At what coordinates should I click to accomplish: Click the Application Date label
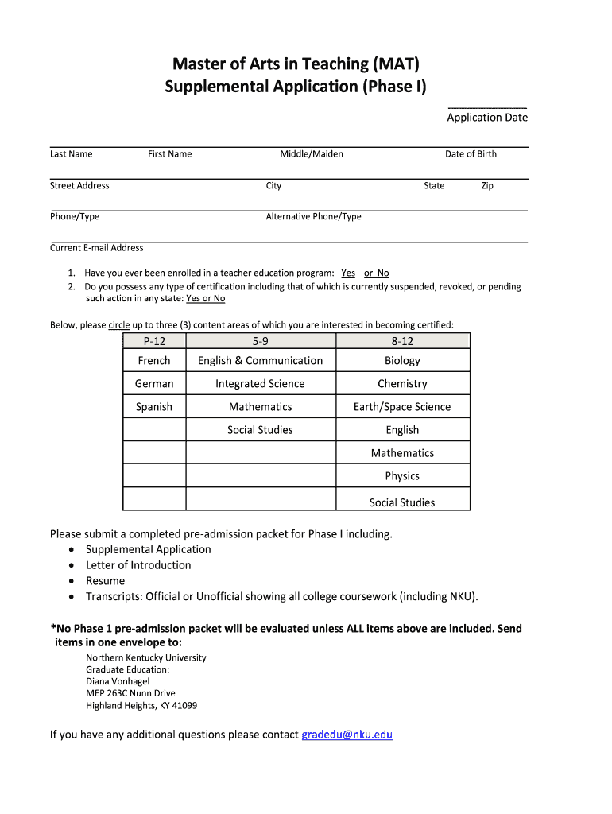(x=487, y=118)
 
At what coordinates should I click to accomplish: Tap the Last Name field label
(x=72, y=154)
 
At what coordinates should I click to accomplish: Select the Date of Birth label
(x=471, y=154)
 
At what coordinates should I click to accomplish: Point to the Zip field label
(x=487, y=186)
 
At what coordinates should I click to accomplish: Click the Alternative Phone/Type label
(x=313, y=217)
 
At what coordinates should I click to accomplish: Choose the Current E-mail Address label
(x=97, y=248)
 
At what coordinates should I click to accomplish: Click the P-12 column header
(x=154, y=341)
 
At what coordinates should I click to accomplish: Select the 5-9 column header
(x=261, y=341)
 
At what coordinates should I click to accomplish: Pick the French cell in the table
(x=154, y=361)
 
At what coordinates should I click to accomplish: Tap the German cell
(x=154, y=384)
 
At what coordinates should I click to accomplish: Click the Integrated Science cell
(x=260, y=384)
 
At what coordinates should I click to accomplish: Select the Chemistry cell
(x=402, y=384)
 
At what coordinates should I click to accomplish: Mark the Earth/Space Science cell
(x=402, y=407)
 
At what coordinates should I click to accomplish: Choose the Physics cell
(x=402, y=476)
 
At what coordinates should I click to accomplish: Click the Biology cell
(x=402, y=361)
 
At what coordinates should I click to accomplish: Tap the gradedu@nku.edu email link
(x=347, y=735)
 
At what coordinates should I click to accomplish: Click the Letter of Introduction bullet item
(x=138, y=565)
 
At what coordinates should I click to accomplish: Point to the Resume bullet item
(x=105, y=581)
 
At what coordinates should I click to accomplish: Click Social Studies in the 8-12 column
(x=402, y=502)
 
